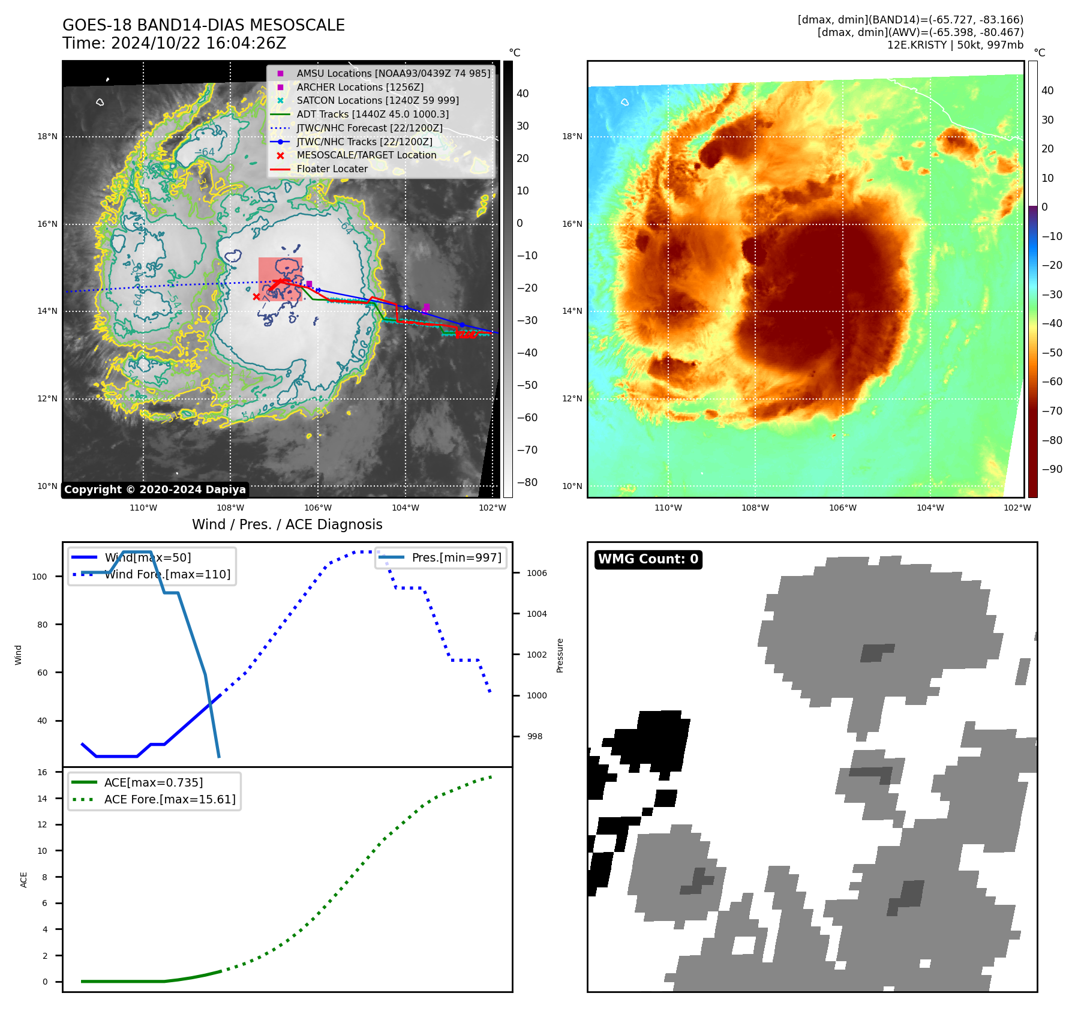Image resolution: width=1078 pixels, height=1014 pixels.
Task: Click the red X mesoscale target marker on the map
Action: click(256, 296)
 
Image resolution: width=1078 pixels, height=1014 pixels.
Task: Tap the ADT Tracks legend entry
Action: click(372, 114)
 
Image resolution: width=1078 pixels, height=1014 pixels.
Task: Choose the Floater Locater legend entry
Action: click(332, 169)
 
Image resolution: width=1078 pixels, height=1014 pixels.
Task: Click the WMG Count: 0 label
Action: click(648, 559)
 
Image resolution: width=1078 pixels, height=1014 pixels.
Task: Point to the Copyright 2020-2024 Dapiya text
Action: click(155, 490)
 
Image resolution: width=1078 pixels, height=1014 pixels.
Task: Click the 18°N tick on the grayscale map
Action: click(48, 136)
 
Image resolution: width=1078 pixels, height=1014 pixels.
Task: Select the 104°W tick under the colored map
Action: click(930, 508)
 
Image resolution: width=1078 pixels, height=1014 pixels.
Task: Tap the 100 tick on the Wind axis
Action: click(40, 577)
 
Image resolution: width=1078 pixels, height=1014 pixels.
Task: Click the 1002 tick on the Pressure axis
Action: click(536, 655)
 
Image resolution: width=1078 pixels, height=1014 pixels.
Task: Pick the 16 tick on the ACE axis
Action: click(42, 772)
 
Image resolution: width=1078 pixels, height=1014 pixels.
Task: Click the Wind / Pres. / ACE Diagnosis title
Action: click(287, 524)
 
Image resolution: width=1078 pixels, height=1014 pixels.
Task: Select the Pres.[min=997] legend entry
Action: click(456, 557)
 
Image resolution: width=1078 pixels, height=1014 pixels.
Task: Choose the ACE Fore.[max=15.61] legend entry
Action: click(170, 799)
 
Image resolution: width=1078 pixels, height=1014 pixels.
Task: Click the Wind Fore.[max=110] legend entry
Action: click(167, 574)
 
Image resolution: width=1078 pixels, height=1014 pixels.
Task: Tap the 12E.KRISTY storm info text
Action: click(955, 45)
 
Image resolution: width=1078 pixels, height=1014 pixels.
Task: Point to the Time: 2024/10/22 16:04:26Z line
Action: click(174, 43)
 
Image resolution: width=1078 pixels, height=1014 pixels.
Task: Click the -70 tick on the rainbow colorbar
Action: click(1052, 411)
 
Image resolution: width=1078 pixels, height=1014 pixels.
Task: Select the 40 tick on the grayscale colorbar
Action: click(523, 94)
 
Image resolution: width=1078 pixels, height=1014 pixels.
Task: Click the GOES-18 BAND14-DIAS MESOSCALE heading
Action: click(203, 25)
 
